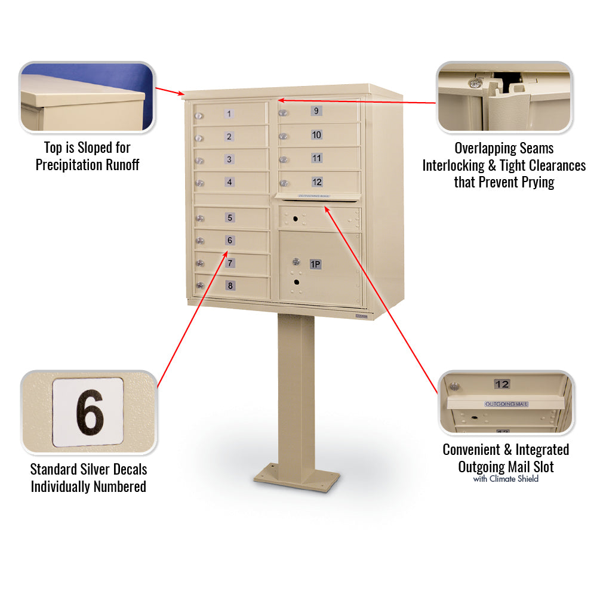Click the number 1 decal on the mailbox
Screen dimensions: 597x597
click(x=229, y=113)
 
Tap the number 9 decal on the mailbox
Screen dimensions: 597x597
click(x=316, y=110)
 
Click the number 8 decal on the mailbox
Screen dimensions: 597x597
click(x=230, y=285)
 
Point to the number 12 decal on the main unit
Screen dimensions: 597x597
click(x=317, y=181)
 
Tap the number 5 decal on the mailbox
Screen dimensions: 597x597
click(x=230, y=218)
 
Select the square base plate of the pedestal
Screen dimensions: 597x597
click(x=297, y=478)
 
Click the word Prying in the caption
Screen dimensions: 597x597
click(x=534, y=182)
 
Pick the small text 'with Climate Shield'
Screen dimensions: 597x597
click(x=506, y=479)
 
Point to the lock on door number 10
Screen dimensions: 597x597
click(x=284, y=136)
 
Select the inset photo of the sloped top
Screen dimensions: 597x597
click(x=87, y=97)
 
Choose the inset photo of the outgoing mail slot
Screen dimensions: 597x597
click(x=506, y=403)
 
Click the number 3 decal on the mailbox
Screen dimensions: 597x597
click(x=229, y=159)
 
